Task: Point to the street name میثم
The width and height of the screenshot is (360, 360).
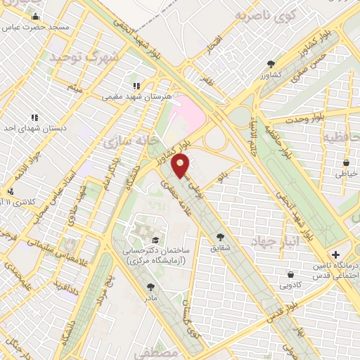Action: (x=75, y=88)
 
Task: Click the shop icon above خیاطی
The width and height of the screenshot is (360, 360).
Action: (x=346, y=164)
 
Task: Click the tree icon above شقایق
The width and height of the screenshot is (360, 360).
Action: (x=221, y=238)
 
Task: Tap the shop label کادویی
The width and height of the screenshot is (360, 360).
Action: (x=291, y=285)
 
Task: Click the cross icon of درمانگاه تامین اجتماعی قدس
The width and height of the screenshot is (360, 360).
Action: (x=335, y=254)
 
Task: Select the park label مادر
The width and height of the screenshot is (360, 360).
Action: (x=151, y=297)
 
